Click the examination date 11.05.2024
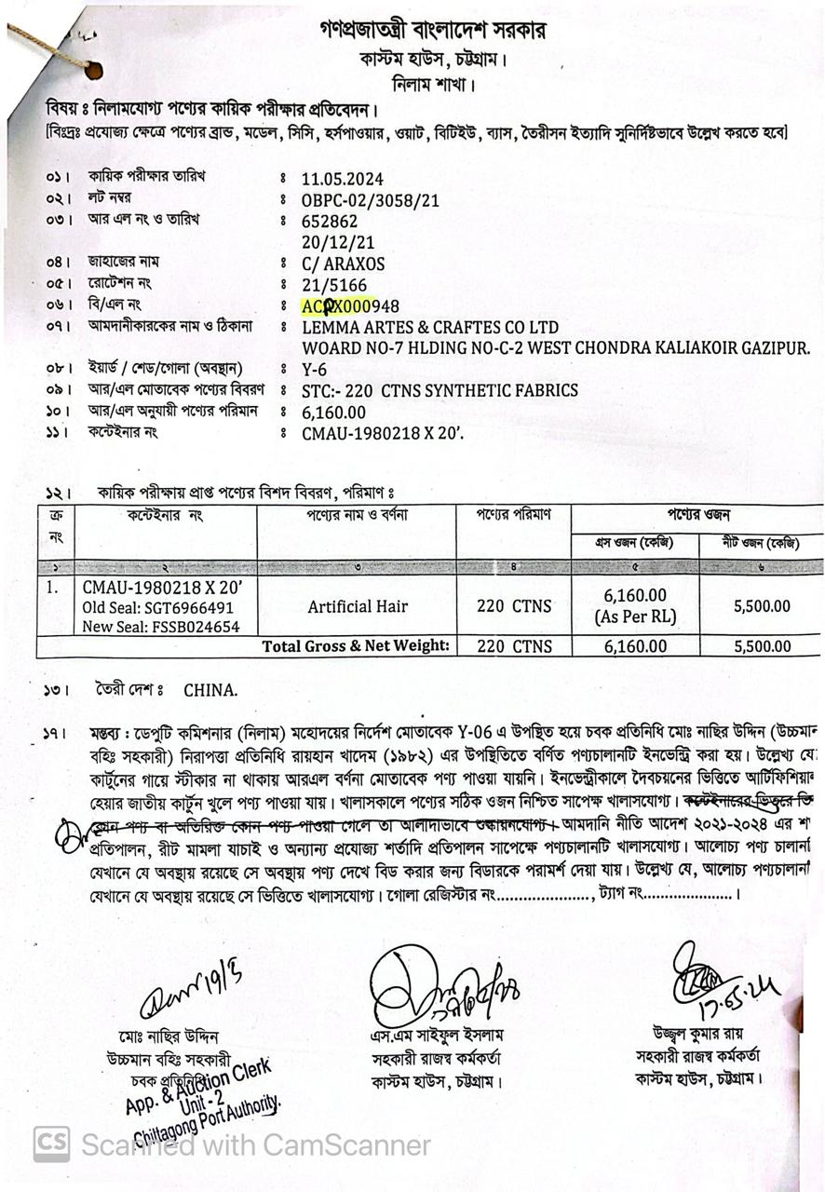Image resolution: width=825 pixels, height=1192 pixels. (342, 179)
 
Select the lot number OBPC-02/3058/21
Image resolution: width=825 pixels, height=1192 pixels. (370, 200)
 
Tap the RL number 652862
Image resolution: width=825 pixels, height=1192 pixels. (330, 222)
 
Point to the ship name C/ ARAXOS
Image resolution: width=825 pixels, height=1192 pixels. (343, 264)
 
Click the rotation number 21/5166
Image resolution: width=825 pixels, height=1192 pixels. (334, 285)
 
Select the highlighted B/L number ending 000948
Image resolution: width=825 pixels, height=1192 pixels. (350, 306)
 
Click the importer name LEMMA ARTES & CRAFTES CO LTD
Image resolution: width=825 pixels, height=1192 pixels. (430, 328)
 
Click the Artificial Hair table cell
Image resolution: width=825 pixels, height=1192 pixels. (358, 606)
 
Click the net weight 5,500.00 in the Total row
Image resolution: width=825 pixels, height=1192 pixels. (762, 646)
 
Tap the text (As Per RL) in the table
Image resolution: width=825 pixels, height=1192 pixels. (635, 616)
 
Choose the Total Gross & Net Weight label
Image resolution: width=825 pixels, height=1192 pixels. (356, 646)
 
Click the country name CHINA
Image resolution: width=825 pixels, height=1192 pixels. (210, 691)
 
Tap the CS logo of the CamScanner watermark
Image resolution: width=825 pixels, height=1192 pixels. (51, 1144)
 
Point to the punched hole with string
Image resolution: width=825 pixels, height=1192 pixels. (92, 70)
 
